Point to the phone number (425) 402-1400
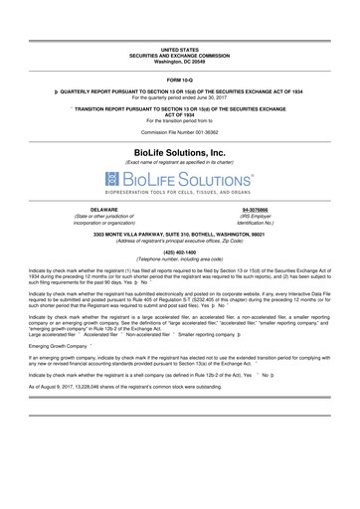coord(180,253)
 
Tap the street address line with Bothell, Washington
coord(180,234)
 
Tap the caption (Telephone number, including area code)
coord(180,258)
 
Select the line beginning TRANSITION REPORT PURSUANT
coord(184,105)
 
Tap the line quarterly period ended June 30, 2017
coord(180,96)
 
